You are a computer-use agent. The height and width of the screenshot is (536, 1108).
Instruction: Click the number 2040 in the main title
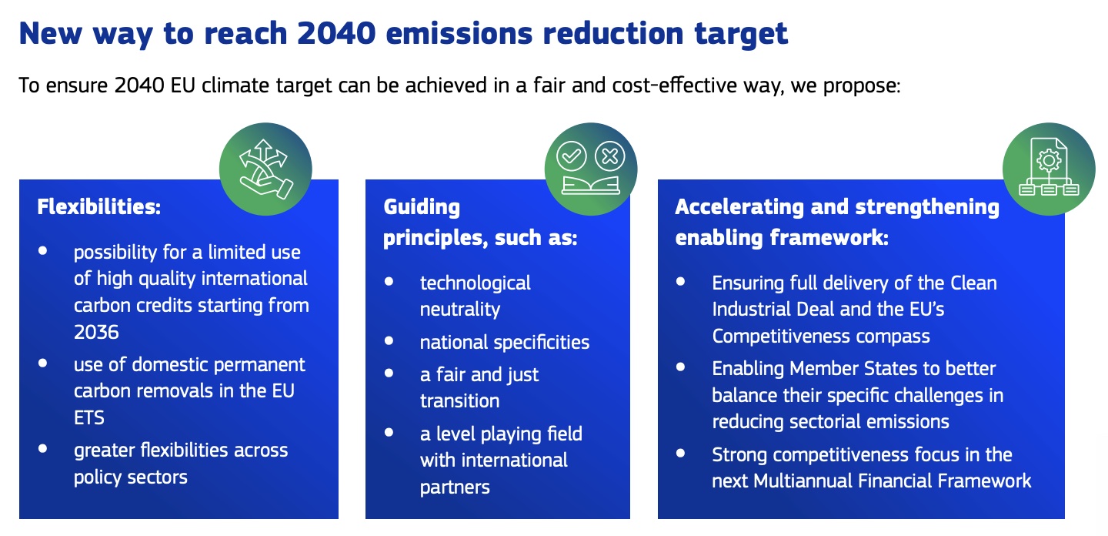[x=336, y=34]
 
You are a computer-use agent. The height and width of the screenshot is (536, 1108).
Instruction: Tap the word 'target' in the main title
[x=741, y=35]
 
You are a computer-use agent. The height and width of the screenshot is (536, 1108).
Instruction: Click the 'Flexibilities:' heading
[x=99, y=207]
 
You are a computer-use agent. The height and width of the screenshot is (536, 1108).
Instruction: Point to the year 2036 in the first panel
[x=96, y=332]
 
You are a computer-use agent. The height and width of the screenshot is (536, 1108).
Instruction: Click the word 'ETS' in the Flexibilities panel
[x=89, y=418]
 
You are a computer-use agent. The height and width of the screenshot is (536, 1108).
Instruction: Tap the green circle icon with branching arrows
[x=265, y=169]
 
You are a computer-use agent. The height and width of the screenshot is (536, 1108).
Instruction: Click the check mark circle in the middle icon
[x=571, y=156]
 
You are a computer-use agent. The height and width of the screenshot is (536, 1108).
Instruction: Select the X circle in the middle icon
[x=610, y=156]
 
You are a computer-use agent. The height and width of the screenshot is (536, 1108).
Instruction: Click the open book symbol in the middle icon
[x=591, y=186]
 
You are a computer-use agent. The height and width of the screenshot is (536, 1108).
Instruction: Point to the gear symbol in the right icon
[x=1049, y=160]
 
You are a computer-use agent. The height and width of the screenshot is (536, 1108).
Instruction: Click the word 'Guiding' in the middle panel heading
[x=422, y=208]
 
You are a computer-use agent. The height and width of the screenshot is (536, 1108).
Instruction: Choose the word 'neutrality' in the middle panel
[x=460, y=310]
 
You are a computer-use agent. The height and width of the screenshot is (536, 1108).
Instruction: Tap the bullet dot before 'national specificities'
[x=389, y=341]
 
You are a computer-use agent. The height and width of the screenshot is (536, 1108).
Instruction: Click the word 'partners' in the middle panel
[x=455, y=487]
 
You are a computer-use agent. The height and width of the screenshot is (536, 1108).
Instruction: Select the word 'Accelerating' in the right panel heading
[x=739, y=208]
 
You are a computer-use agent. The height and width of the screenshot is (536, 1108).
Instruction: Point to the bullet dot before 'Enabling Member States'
[x=681, y=367]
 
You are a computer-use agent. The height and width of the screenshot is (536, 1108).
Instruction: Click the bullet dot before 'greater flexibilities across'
[x=42, y=449]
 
